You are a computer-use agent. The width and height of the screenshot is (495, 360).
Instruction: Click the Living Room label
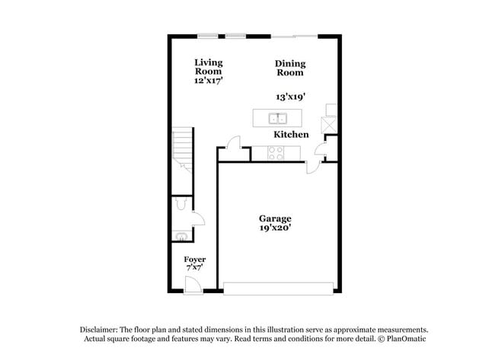208,67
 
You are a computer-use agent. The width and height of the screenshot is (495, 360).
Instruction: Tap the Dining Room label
289,68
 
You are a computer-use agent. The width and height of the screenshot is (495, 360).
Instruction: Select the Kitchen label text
292,135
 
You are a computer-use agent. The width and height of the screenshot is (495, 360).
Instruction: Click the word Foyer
195,260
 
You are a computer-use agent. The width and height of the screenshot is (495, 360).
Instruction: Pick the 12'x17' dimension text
208,80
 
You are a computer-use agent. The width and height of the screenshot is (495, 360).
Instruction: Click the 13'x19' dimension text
290,97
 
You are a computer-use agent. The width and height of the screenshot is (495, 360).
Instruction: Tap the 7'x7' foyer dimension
195,268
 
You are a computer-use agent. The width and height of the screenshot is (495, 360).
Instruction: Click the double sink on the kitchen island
277,118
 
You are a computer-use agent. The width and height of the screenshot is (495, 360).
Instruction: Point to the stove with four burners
276,152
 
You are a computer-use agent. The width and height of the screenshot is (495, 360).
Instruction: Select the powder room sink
180,235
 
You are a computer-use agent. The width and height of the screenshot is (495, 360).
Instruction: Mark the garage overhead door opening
278,288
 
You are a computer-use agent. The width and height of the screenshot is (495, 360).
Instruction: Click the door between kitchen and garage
314,165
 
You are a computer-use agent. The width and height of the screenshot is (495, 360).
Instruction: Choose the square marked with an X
331,125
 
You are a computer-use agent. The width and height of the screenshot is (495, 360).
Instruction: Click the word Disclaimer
104,329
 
